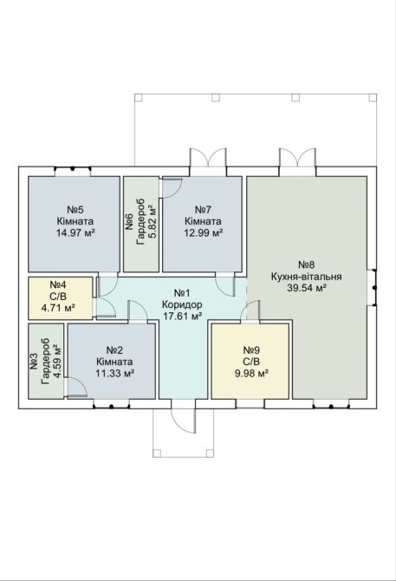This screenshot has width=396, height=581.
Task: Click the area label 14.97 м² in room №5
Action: [x=75, y=232]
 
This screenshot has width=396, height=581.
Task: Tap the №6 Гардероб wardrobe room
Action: [x=141, y=224]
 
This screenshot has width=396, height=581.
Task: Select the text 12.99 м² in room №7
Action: [x=203, y=232]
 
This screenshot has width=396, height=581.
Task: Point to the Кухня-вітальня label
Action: [x=307, y=277]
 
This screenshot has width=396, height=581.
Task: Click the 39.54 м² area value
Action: [x=307, y=288]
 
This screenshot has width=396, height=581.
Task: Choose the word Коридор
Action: [x=182, y=305]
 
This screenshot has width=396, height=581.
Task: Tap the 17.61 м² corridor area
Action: [x=182, y=316]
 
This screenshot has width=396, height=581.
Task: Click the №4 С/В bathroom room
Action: [x=61, y=298]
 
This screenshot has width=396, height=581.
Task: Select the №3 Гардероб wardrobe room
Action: [x=46, y=362]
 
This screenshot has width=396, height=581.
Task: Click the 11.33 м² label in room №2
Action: [x=114, y=373]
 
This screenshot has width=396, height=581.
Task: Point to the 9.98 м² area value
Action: [x=251, y=373]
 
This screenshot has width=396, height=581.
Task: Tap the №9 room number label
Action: [x=251, y=349]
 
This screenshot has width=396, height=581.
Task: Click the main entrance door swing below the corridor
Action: [x=184, y=421]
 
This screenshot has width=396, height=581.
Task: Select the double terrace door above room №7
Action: [x=208, y=159]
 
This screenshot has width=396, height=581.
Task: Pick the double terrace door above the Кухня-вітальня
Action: [x=297, y=158]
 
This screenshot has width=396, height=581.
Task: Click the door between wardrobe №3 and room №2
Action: [x=77, y=388]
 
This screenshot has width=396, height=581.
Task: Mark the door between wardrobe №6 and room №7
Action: [x=172, y=188]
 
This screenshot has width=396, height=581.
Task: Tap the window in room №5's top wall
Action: [x=73, y=169]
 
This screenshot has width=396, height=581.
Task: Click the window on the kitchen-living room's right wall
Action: [x=374, y=287]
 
